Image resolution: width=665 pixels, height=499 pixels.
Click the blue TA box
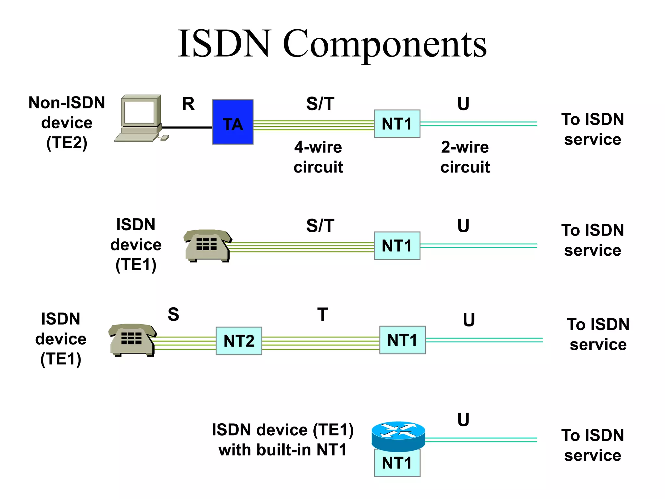click(232, 122)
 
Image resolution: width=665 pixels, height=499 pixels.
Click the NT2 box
click(239, 341)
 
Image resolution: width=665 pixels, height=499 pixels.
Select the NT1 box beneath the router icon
click(397, 463)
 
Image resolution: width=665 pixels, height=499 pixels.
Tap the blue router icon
click(398, 436)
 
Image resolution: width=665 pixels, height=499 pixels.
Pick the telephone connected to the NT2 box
click(132, 339)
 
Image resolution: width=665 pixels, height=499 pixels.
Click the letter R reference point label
click(188, 104)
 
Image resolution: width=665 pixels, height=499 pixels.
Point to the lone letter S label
click(173, 314)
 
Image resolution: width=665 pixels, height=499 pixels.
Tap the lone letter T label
click(322, 314)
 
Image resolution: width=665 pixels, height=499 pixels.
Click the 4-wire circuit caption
click(318, 157)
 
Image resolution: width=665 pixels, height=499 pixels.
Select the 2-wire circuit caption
click(465, 157)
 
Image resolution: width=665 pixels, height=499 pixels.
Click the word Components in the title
click(384, 44)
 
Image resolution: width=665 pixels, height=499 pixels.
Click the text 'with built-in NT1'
click(282, 450)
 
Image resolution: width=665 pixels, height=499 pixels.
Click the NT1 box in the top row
click(397, 124)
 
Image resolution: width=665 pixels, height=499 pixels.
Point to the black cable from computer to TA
click(187, 127)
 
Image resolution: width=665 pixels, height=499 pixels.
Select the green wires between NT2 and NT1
click(320, 343)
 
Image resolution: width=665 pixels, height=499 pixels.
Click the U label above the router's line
click(463, 420)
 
